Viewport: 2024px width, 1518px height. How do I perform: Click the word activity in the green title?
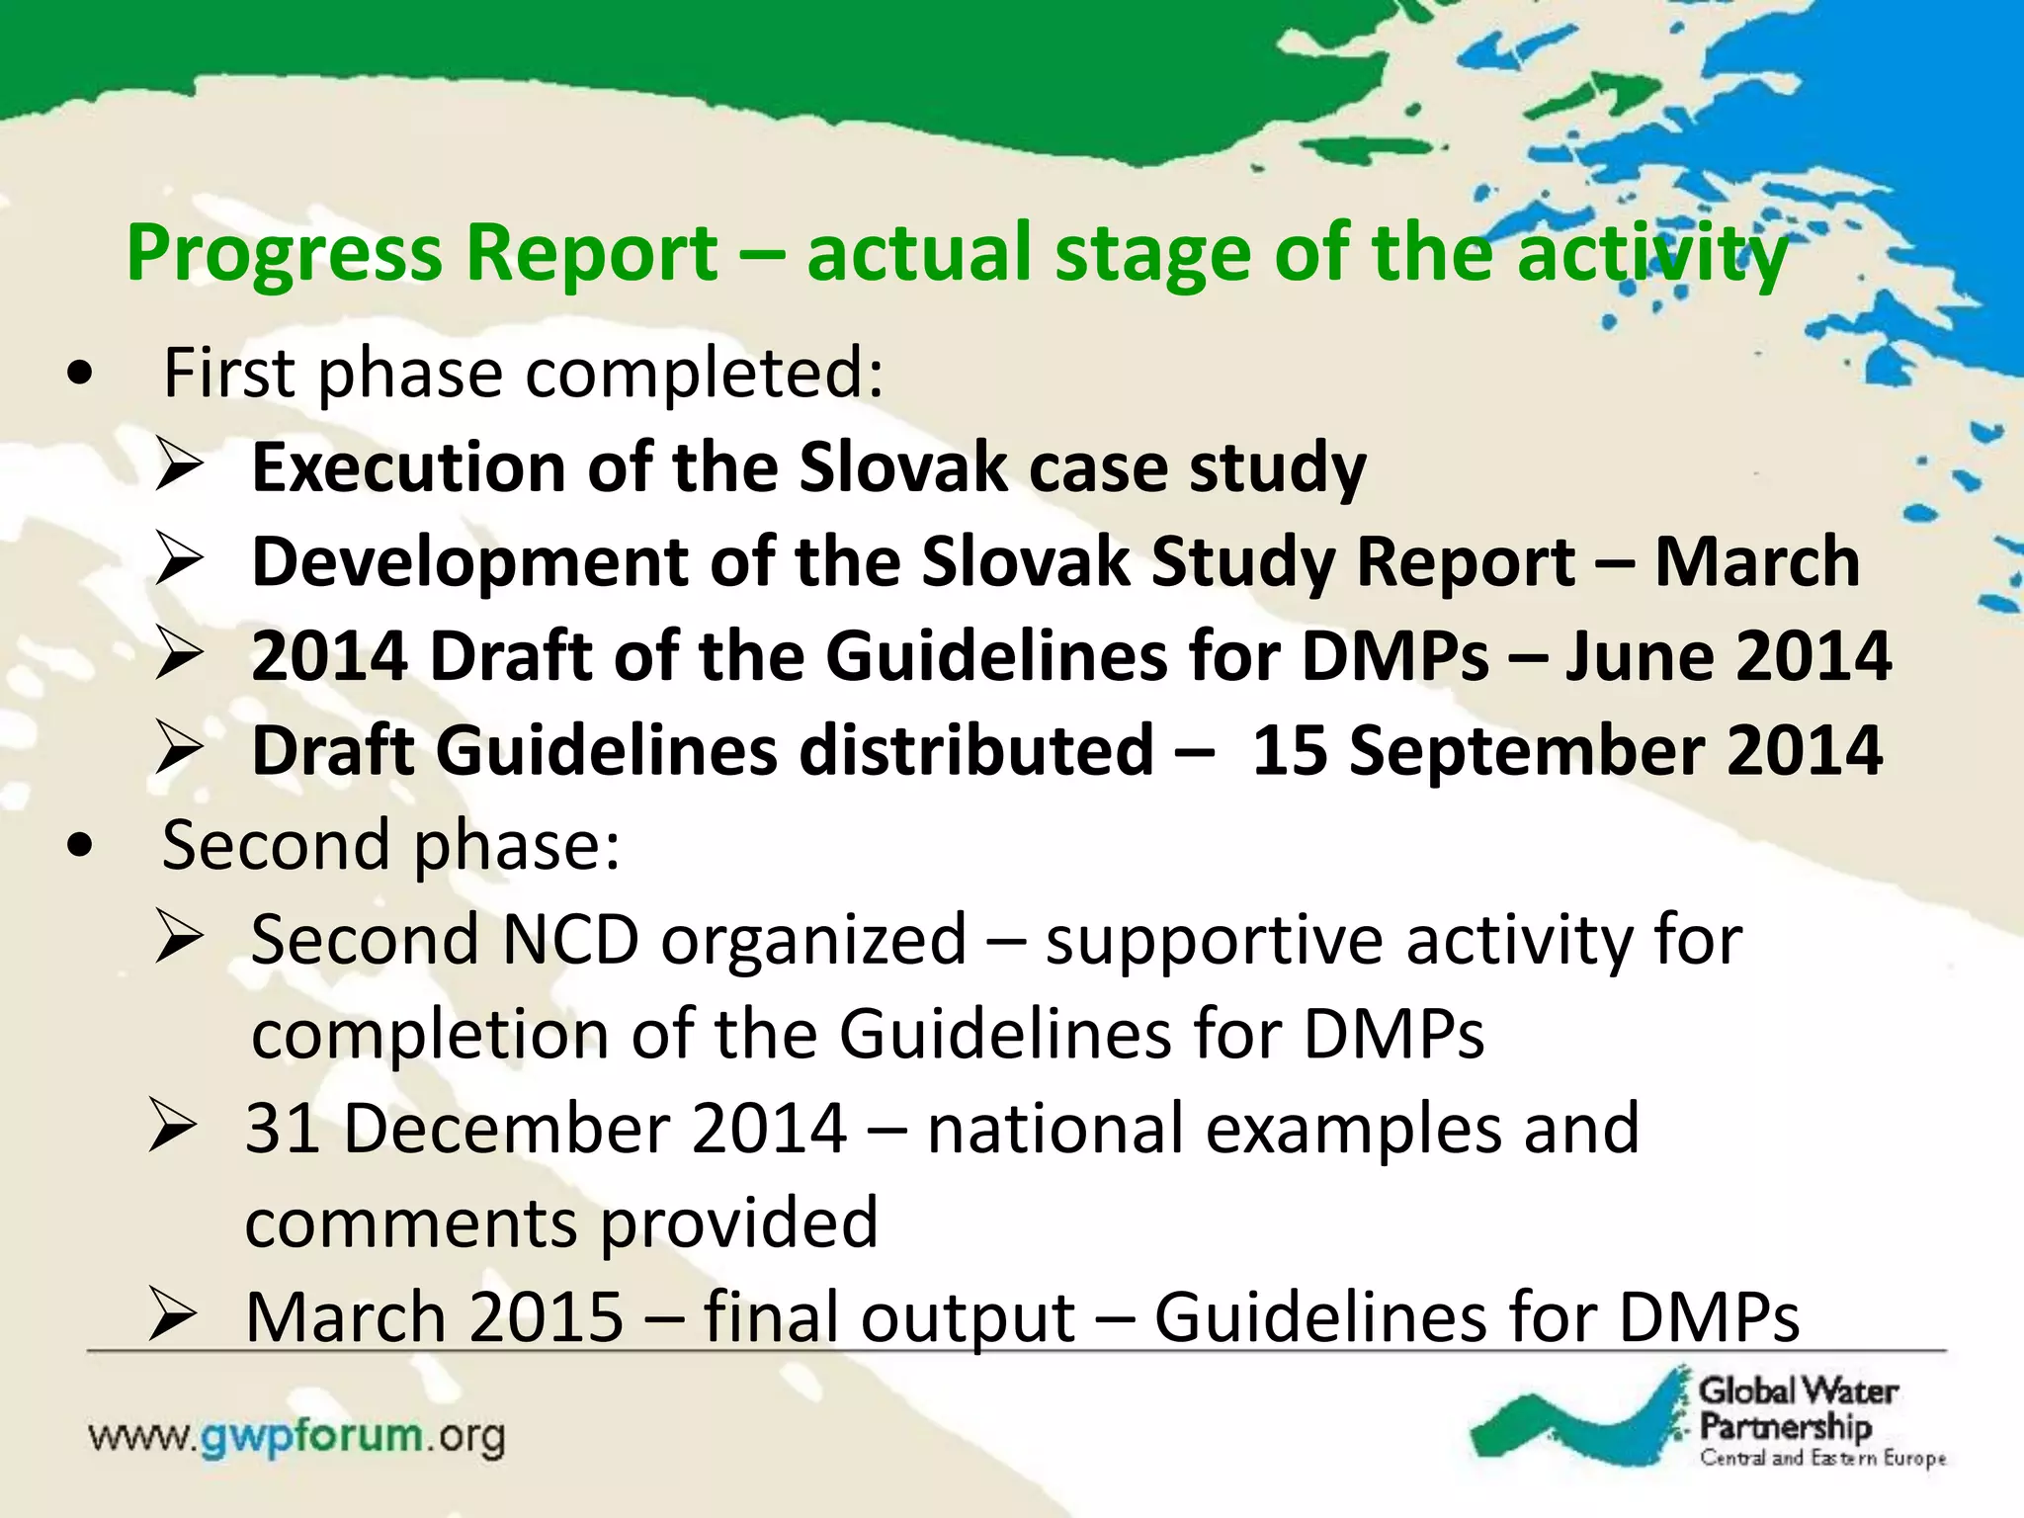point(1652,255)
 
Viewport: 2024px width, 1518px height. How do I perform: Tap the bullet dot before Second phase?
point(80,846)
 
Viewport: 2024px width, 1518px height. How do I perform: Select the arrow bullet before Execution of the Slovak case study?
point(180,466)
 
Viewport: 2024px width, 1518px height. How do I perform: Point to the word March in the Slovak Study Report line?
point(1757,561)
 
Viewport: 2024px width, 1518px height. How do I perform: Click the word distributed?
point(976,751)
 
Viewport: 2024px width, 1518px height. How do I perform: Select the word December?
point(507,1129)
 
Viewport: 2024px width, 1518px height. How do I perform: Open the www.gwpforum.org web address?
point(296,1437)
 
